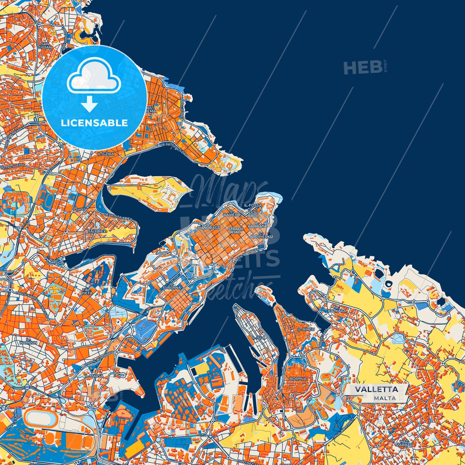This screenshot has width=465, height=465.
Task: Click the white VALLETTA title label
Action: click(x=376, y=389)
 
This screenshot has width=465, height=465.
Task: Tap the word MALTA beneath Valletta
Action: click(x=385, y=398)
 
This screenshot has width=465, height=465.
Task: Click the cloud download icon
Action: click(x=94, y=80)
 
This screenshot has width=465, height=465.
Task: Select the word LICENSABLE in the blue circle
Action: click(x=94, y=123)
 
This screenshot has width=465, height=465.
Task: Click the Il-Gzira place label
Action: click(x=106, y=154)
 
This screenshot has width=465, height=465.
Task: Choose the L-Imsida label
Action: click(x=55, y=263)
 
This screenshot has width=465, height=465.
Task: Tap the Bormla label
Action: click(x=298, y=379)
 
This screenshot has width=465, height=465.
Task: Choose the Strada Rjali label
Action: click(x=236, y=230)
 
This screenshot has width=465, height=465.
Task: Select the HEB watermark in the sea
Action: click(x=362, y=68)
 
